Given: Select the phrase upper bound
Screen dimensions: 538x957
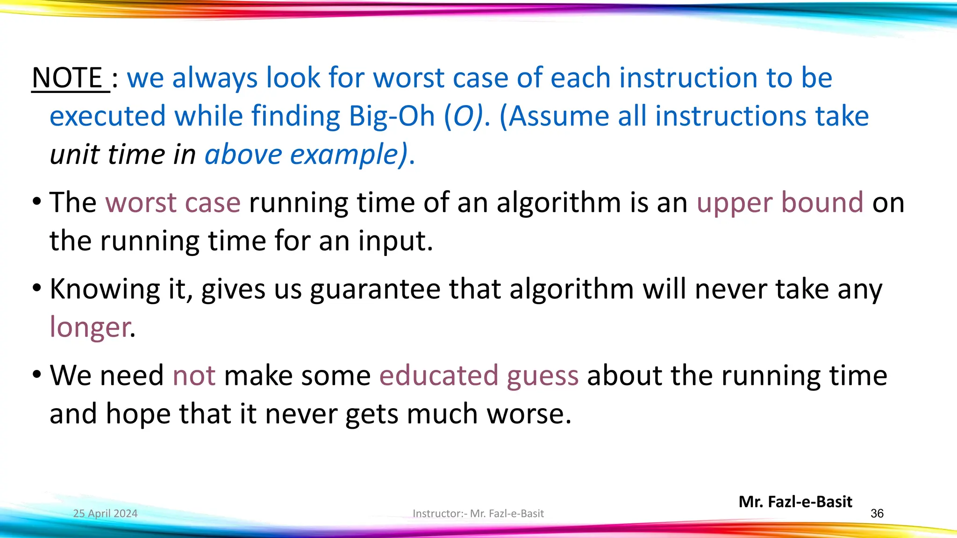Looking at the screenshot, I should click(779, 202).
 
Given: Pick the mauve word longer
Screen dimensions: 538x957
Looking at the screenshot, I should click(90, 327).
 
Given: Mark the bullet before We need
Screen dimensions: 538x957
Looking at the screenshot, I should click(37, 375).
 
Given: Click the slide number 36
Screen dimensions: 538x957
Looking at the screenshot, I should click(877, 514).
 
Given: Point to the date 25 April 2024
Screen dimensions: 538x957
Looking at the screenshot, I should click(105, 514).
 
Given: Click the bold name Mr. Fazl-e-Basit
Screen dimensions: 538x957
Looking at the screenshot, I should click(795, 502).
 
